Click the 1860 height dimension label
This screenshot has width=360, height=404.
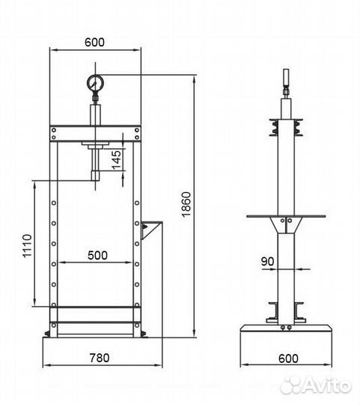click(186, 205)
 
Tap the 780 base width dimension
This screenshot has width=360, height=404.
click(100, 358)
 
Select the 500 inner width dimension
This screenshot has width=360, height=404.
click(97, 255)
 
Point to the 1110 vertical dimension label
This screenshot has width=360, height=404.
click(27, 245)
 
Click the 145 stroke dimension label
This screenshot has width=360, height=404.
click(116, 160)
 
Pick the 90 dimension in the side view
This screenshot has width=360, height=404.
click(267, 261)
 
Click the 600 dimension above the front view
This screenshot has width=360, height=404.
click(94, 42)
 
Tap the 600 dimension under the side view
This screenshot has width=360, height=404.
click(288, 358)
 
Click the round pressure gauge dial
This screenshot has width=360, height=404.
click(95, 83)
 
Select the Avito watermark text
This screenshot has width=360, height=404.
click(316, 385)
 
